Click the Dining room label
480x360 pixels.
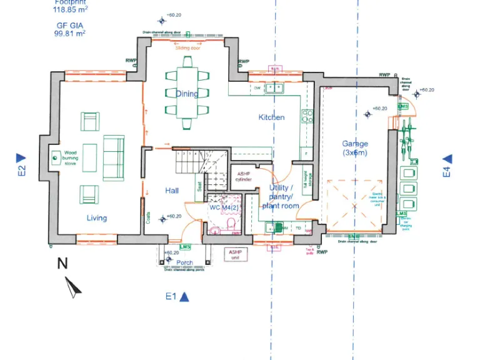pyautogui.click(x=186, y=94)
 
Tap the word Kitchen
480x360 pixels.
pyautogui.click(x=271, y=117)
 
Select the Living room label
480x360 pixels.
pyautogui.click(x=96, y=218)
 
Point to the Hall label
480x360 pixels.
pyautogui.click(x=172, y=190)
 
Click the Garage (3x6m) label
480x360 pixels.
pyautogui.click(x=355, y=147)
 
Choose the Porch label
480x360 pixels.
pyautogui.click(x=184, y=262)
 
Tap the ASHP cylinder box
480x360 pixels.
pyautogui.click(x=243, y=176)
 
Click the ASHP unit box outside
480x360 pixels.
pyautogui.click(x=236, y=255)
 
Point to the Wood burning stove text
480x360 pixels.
pyautogui.click(x=71, y=159)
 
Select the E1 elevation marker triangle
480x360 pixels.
pyautogui.click(x=184, y=297)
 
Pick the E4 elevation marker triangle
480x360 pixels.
pyautogui.click(x=447, y=160)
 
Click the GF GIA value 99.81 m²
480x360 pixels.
pyautogui.click(x=69, y=34)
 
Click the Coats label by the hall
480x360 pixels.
pyautogui.click(x=148, y=217)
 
